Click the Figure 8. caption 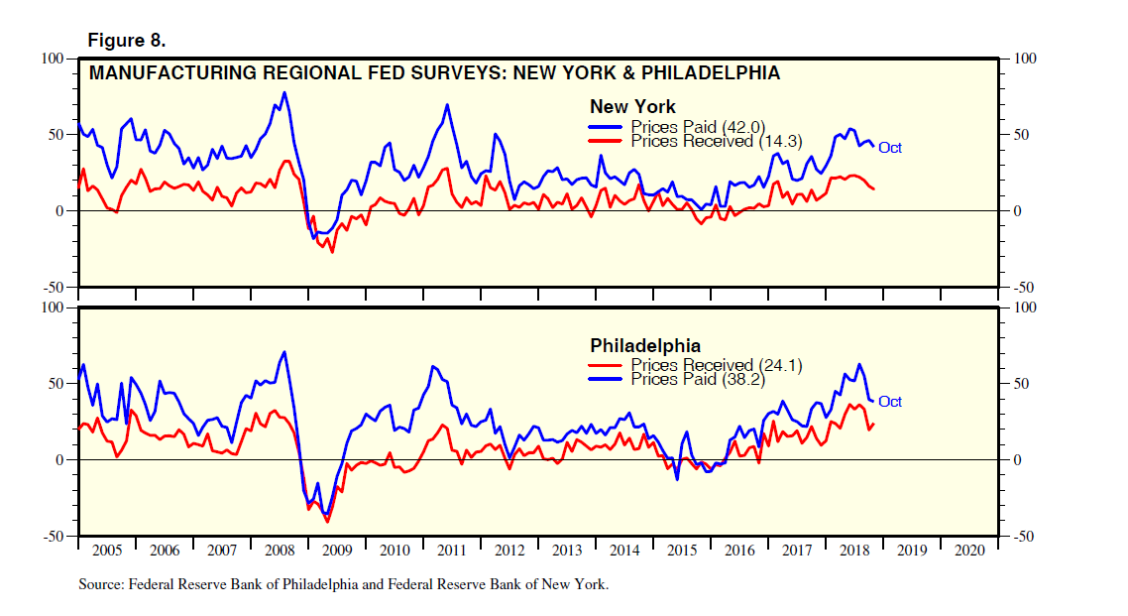click(x=127, y=41)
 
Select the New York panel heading click(x=632, y=106)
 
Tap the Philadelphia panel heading click(x=645, y=346)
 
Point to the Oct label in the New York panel click(x=889, y=148)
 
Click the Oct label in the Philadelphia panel click(x=889, y=402)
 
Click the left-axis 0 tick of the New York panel click(x=58, y=211)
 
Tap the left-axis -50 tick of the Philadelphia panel click(x=52, y=537)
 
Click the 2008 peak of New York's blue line click(x=284, y=93)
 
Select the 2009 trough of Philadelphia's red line click(x=327, y=521)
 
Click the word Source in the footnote click(x=100, y=584)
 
